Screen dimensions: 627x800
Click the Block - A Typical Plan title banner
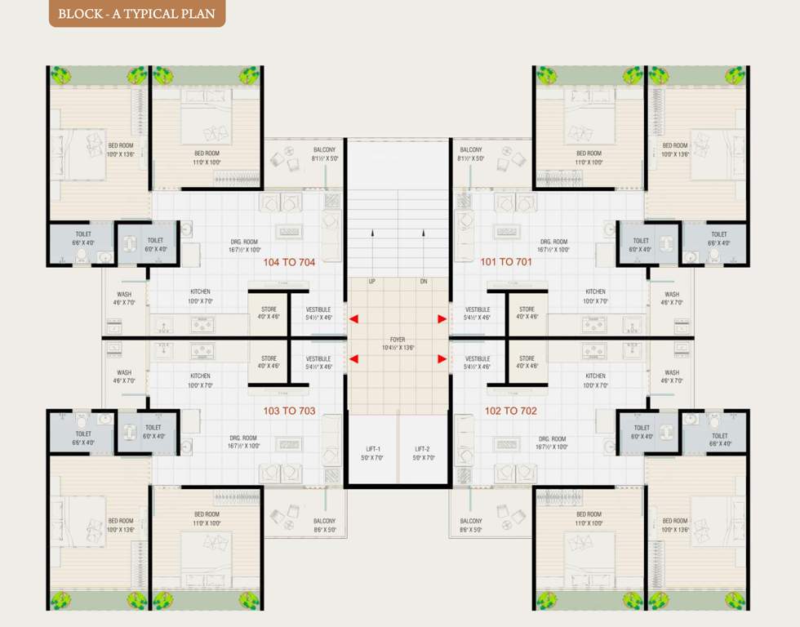136,13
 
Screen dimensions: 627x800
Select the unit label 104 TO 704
289,263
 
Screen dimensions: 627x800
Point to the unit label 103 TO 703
289,411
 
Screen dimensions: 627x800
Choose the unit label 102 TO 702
511,411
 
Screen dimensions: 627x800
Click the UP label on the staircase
372,282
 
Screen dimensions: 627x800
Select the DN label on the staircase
423,282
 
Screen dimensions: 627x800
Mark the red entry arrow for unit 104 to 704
353,319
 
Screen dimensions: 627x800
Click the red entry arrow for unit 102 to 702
442,358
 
